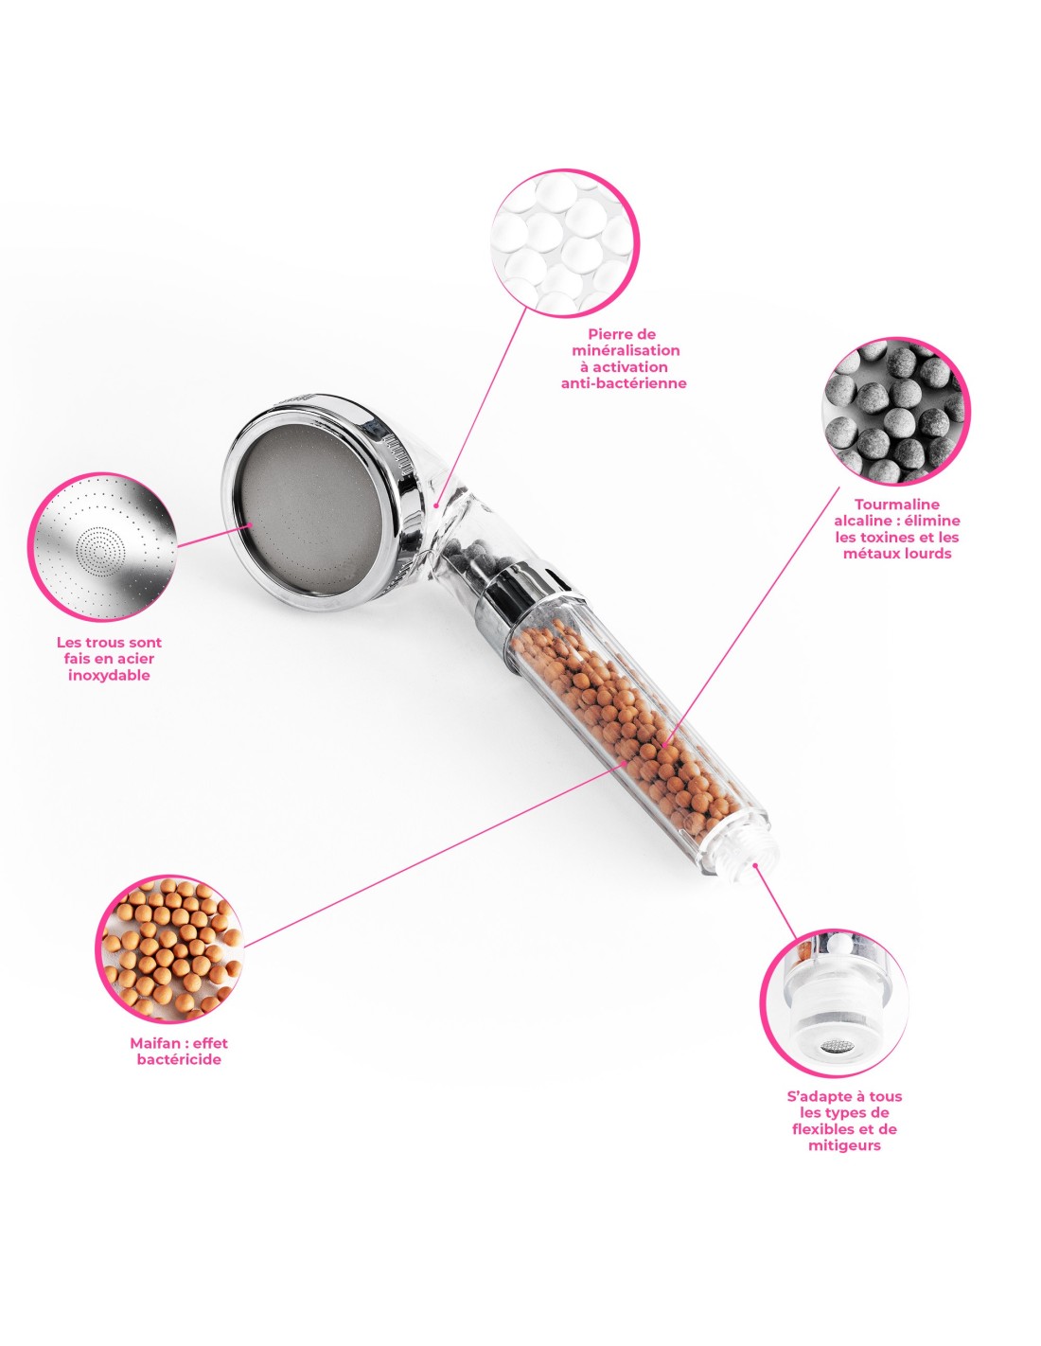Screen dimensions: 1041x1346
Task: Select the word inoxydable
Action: click(109, 675)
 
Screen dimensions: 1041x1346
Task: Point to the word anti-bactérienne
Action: click(624, 382)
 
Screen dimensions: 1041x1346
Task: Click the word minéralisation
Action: click(626, 350)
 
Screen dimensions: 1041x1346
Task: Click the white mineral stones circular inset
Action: click(565, 243)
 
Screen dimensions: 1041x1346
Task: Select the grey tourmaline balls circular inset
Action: click(895, 411)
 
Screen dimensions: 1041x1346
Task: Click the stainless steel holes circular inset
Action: click(102, 546)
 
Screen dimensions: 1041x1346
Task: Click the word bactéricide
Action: click(179, 1059)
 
